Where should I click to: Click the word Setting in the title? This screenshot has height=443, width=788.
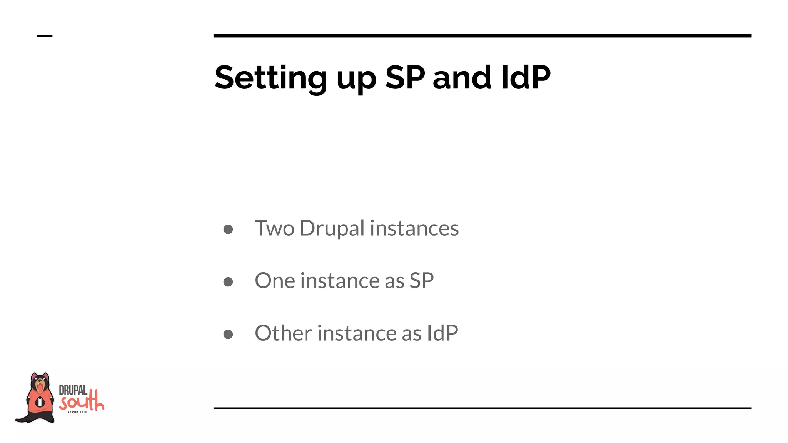coord(270,78)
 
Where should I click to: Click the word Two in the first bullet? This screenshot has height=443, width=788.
coord(274,228)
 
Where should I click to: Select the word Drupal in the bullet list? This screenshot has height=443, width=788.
coord(332,229)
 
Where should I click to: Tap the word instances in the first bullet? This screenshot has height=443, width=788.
coord(414,228)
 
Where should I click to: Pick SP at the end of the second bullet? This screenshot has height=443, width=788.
coord(421,281)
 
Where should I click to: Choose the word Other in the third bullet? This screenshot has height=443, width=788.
coord(283,333)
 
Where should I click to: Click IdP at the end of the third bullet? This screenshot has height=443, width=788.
coord(442,333)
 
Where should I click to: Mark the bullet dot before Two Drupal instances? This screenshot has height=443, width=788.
coord(228,230)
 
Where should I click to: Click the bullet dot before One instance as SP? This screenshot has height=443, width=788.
coord(228,282)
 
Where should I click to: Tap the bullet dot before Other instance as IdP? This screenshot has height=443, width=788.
coord(228,334)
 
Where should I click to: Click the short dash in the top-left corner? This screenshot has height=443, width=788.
coord(44,36)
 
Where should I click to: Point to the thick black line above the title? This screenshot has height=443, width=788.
coord(482,36)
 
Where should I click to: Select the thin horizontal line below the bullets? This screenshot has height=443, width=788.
coord(482,408)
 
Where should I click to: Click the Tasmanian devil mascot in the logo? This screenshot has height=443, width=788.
coord(38,398)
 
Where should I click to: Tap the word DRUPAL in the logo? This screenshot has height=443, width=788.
coord(73,390)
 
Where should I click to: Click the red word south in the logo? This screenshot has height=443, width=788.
coord(82,402)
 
